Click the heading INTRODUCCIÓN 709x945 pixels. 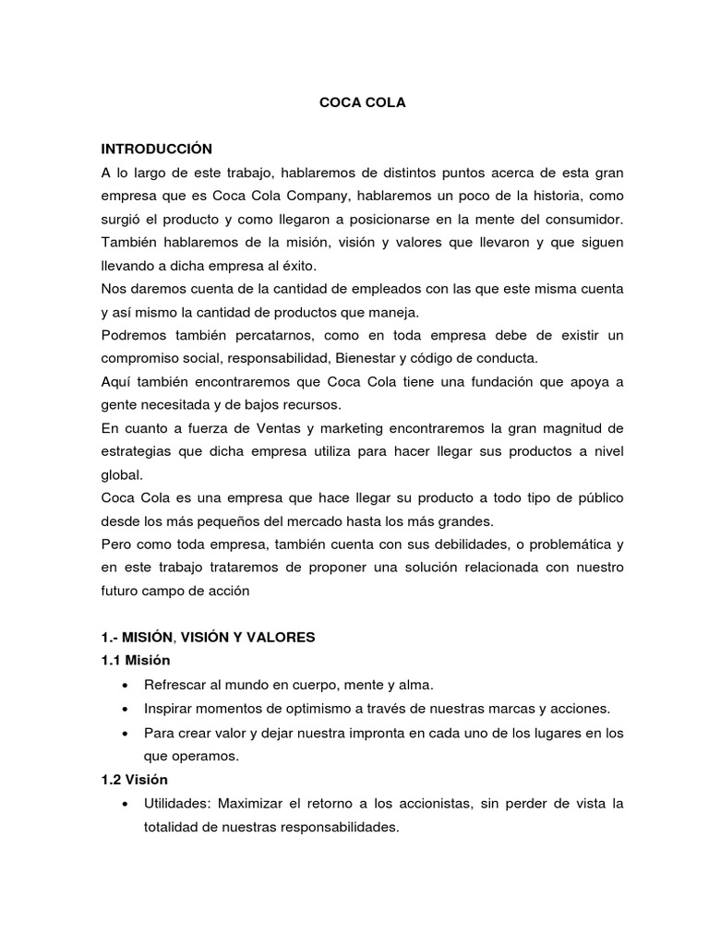[x=157, y=148]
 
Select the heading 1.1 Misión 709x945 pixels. [x=136, y=661]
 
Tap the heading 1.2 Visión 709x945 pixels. [x=135, y=780]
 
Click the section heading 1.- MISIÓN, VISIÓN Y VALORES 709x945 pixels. [x=208, y=637]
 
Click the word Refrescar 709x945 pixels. [x=175, y=685]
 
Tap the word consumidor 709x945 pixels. [x=585, y=220]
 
